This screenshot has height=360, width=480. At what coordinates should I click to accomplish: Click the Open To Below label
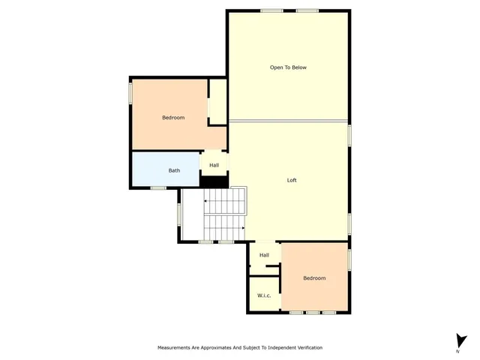click(288, 67)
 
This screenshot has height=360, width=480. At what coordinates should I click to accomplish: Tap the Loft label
click(292, 180)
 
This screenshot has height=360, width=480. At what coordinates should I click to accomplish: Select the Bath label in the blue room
click(174, 170)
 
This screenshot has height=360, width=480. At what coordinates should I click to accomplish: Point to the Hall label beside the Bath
click(214, 165)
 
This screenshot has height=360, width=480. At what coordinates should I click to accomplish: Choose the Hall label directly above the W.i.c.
click(264, 255)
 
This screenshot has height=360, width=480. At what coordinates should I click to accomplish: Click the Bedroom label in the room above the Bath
click(173, 118)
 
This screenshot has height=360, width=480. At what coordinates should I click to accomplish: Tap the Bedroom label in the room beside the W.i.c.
click(314, 278)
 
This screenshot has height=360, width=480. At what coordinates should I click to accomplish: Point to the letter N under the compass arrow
click(458, 351)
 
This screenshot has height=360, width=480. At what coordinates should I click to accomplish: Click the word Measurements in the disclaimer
click(176, 348)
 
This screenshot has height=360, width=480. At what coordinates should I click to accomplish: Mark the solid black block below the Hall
click(214, 181)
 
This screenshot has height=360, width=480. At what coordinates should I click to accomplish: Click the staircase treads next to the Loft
click(225, 214)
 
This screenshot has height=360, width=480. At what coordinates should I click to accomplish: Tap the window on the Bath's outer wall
click(158, 187)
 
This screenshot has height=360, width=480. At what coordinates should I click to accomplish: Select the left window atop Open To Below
click(271, 10)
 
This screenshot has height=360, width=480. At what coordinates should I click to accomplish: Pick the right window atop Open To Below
click(307, 10)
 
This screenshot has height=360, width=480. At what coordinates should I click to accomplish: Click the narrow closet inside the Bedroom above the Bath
click(217, 101)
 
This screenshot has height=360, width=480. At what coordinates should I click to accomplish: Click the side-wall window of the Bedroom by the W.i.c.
click(349, 259)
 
